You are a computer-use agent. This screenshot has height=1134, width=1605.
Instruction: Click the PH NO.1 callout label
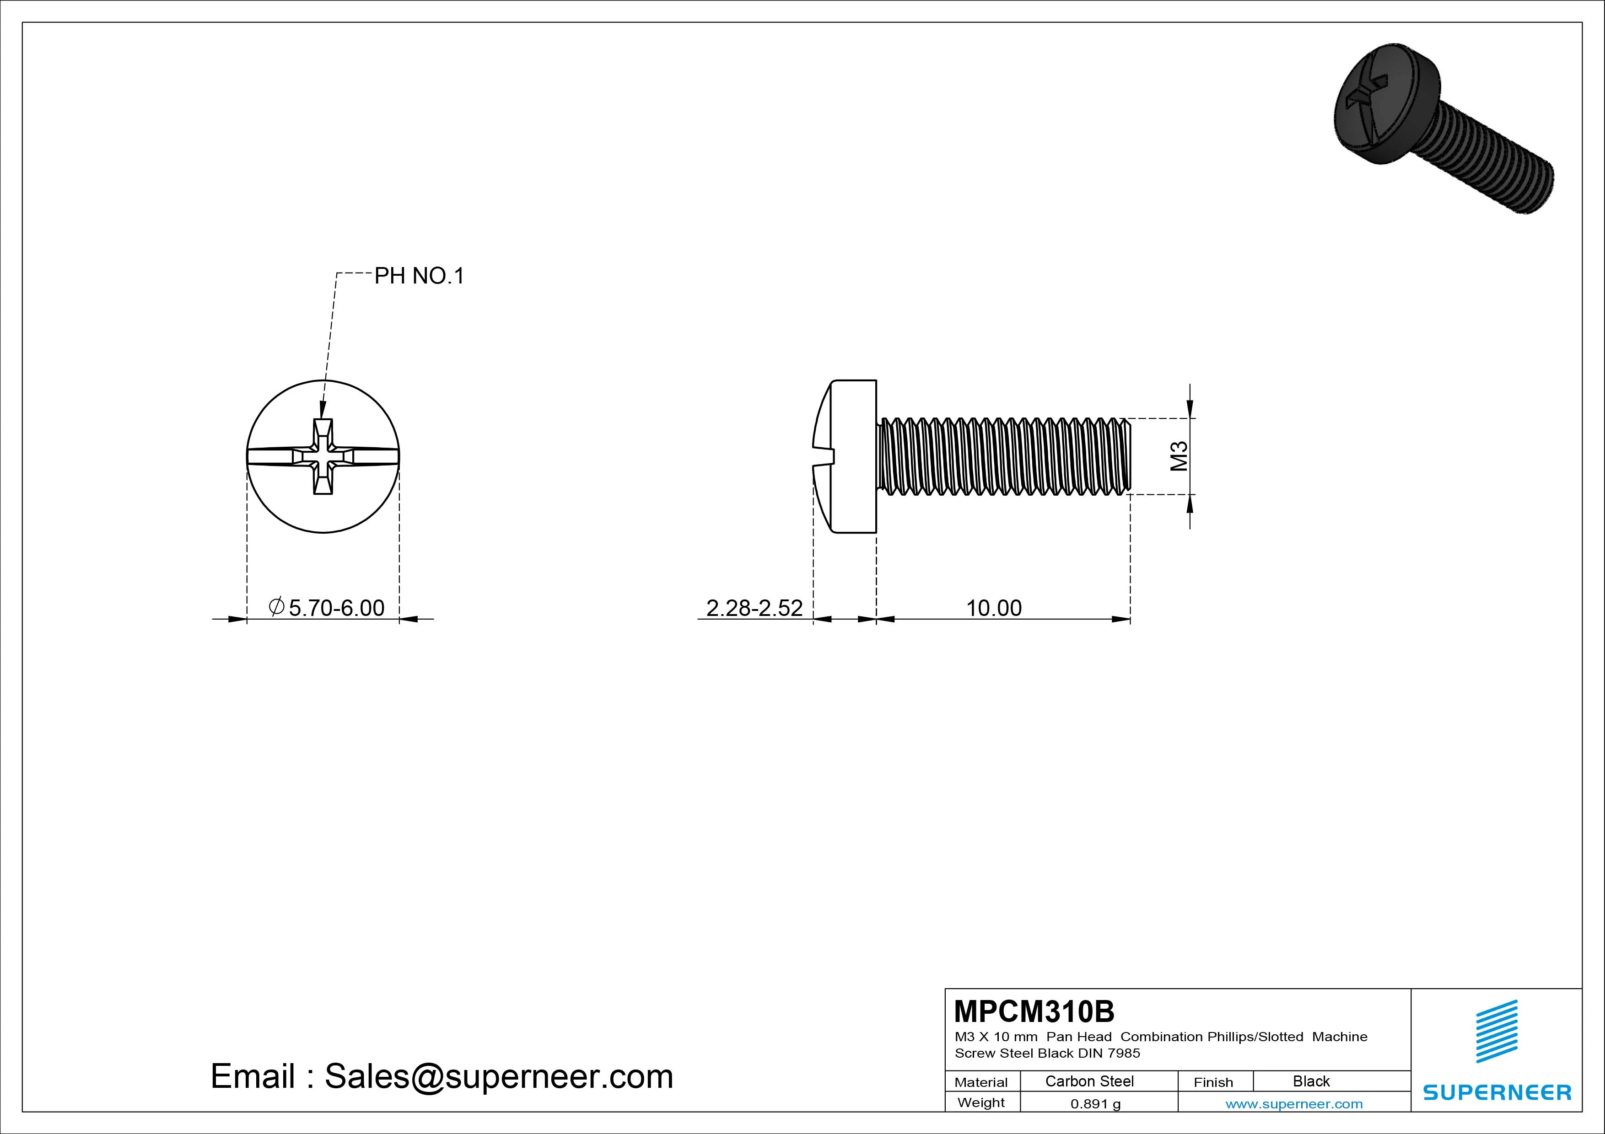(420, 276)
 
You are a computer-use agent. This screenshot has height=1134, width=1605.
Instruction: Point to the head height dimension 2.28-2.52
(754, 608)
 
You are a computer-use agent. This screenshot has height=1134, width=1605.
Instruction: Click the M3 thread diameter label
(1180, 456)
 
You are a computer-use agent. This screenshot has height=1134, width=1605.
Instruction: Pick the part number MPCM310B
(1034, 1011)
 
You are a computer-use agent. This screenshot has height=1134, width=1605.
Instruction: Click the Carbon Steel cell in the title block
(1089, 1081)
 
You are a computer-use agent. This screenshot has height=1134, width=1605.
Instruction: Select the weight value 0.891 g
(1095, 1104)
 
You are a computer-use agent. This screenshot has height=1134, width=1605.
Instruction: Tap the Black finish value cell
(1311, 1081)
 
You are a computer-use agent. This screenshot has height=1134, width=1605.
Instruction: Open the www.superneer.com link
(1294, 1104)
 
